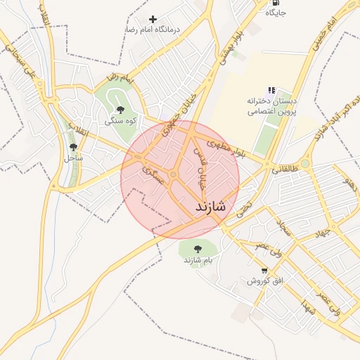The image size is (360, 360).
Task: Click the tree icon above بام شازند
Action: point(197,248)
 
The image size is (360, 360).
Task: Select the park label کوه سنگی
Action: point(120,121)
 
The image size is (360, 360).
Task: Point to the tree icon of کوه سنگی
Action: point(120,109)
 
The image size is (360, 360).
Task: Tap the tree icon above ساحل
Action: point(74,147)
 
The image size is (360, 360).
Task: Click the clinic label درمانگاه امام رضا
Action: point(153,30)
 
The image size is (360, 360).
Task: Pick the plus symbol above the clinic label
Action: point(153,19)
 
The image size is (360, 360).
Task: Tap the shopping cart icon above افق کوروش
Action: point(264,270)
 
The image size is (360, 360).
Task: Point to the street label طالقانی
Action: point(285,169)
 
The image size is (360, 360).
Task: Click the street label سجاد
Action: point(284,228)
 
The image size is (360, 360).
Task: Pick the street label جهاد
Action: point(323,233)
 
